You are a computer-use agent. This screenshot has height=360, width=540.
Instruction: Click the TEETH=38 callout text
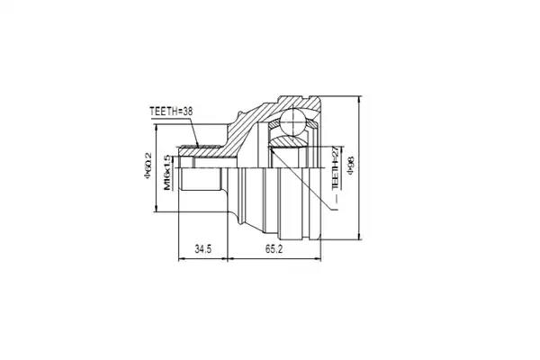point(171,112)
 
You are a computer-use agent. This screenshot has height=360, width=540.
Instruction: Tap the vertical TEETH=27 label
point(335,167)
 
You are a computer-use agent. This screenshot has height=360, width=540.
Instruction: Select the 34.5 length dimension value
point(202,248)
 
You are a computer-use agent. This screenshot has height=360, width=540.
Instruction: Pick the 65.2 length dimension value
point(274,248)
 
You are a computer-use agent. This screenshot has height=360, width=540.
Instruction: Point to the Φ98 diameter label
point(351,166)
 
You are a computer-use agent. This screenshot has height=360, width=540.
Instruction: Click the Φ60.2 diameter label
point(148,166)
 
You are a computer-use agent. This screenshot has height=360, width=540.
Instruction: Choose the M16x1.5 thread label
point(167,173)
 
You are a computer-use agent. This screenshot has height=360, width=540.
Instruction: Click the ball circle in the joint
point(293,121)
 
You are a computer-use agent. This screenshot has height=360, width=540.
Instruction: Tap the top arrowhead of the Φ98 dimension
point(359,99)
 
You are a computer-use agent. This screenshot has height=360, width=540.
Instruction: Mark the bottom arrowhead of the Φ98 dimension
point(359,236)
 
